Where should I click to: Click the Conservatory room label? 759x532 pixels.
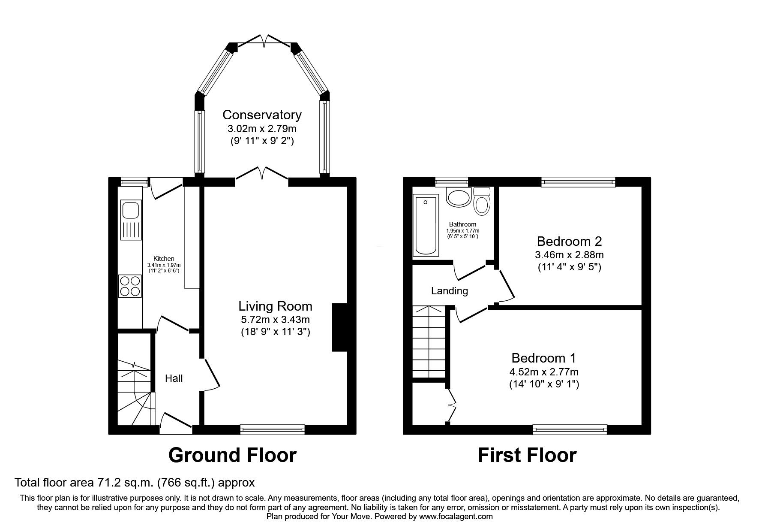[x=262, y=115]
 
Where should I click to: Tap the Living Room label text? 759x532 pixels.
[x=275, y=306]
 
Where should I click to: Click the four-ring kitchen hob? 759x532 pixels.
[x=130, y=286]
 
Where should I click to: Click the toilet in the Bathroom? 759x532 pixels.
[x=482, y=201]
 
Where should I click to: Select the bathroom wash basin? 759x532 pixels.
[x=458, y=198]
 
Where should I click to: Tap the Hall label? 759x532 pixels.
[x=174, y=378]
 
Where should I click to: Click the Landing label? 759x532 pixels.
[x=449, y=291]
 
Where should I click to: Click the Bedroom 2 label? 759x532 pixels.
[x=569, y=240]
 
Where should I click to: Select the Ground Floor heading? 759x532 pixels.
[x=232, y=455]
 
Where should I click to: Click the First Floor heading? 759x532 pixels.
[x=527, y=455]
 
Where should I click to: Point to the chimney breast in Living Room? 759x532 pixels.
[x=339, y=327]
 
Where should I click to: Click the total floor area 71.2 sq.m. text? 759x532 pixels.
[x=135, y=483]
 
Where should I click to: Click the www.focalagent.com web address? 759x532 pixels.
[x=456, y=517]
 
